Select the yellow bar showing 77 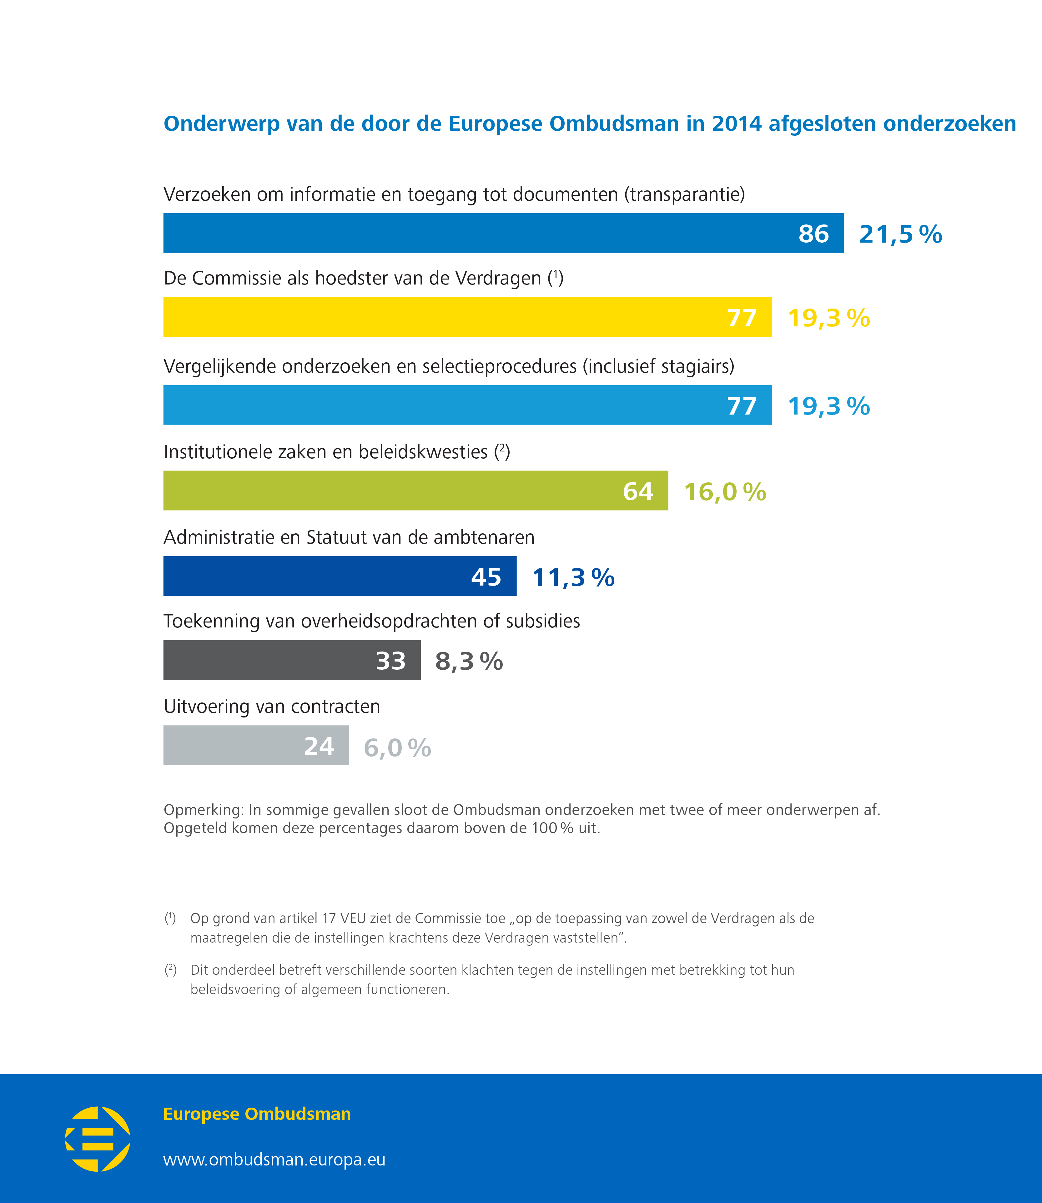coord(467,317)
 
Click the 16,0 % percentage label coord(724,491)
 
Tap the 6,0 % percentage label coord(397,748)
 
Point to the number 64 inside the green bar coord(638,491)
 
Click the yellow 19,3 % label coord(828,318)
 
